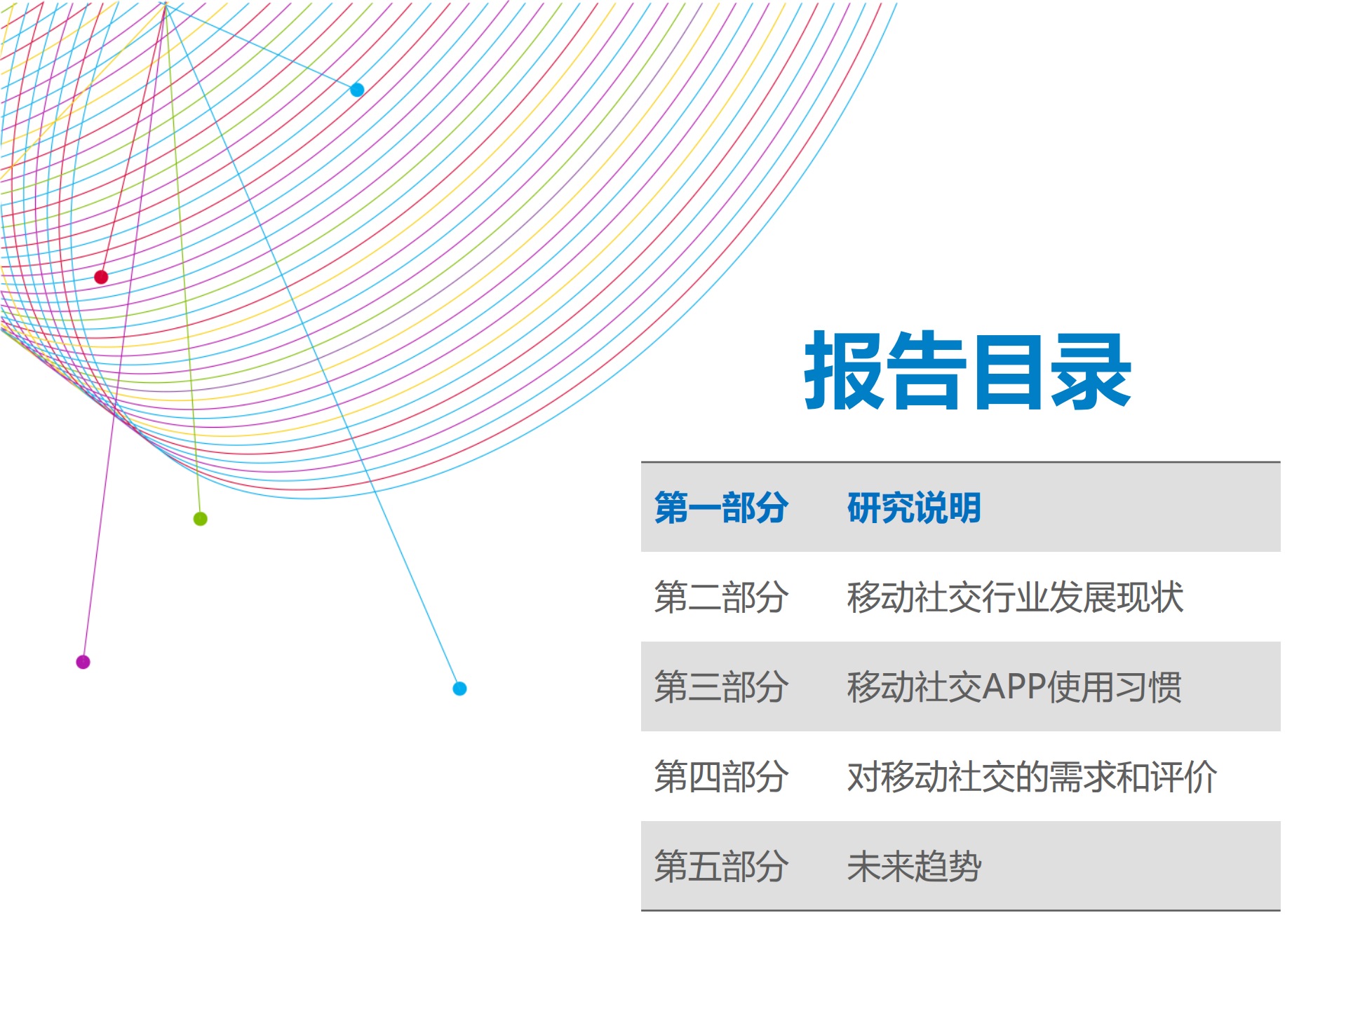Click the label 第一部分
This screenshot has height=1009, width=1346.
(x=721, y=507)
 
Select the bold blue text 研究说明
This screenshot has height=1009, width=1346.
(x=913, y=507)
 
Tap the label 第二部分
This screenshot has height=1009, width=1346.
(x=721, y=597)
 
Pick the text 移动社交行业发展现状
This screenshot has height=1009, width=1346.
(x=1014, y=597)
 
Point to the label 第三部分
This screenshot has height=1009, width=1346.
(x=721, y=686)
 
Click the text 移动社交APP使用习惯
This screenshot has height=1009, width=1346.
(x=1014, y=686)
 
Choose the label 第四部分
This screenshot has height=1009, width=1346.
(x=721, y=776)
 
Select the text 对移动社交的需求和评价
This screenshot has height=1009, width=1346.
(x=1031, y=776)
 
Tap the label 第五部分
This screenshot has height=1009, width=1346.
(x=721, y=866)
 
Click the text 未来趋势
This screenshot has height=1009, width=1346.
(x=913, y=866)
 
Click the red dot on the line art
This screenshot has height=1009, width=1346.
(x=101, y=277)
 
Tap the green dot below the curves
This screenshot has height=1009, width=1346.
(x=200, y=519)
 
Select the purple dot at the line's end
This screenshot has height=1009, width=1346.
(x=83, y=662)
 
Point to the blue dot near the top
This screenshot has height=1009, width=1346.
(x=357, y=90)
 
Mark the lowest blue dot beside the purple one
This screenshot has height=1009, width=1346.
(x=459, y=689)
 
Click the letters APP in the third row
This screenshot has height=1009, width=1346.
(x=1014, y=686)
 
